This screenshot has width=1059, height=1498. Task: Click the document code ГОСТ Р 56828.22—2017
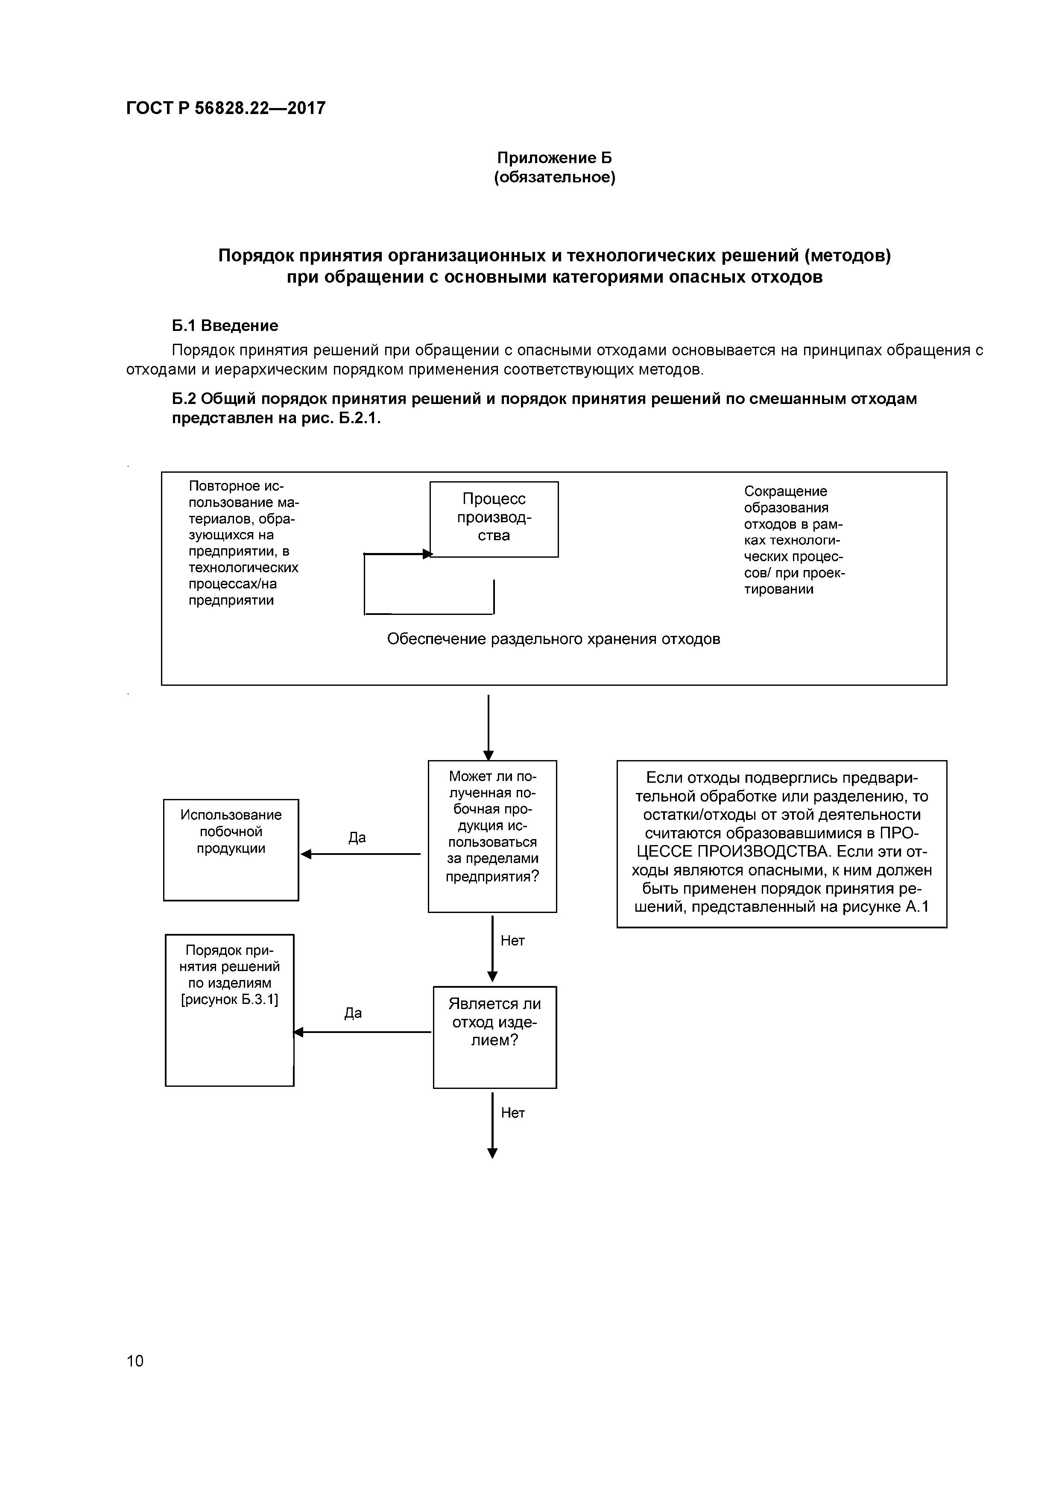[x=226, y=108]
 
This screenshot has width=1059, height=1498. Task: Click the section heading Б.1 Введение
[x=225, y=325]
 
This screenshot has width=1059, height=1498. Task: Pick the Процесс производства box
[x=494, y=519]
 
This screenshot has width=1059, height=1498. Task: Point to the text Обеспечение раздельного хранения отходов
[x=553, y=639]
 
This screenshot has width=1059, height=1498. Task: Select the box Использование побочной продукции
[x=231, y=849]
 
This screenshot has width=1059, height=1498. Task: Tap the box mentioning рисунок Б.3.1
[x=230, y=1010]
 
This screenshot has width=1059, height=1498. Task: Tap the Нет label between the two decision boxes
[x=512, y=941]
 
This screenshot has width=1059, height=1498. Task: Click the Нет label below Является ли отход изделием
[x=513, y=1113]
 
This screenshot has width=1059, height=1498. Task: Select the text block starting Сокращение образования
[x=794, y=540]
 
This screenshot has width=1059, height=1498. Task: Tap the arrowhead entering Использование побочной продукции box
[x=305, y=854]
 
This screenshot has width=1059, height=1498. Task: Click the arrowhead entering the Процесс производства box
[x=427, y=554]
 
